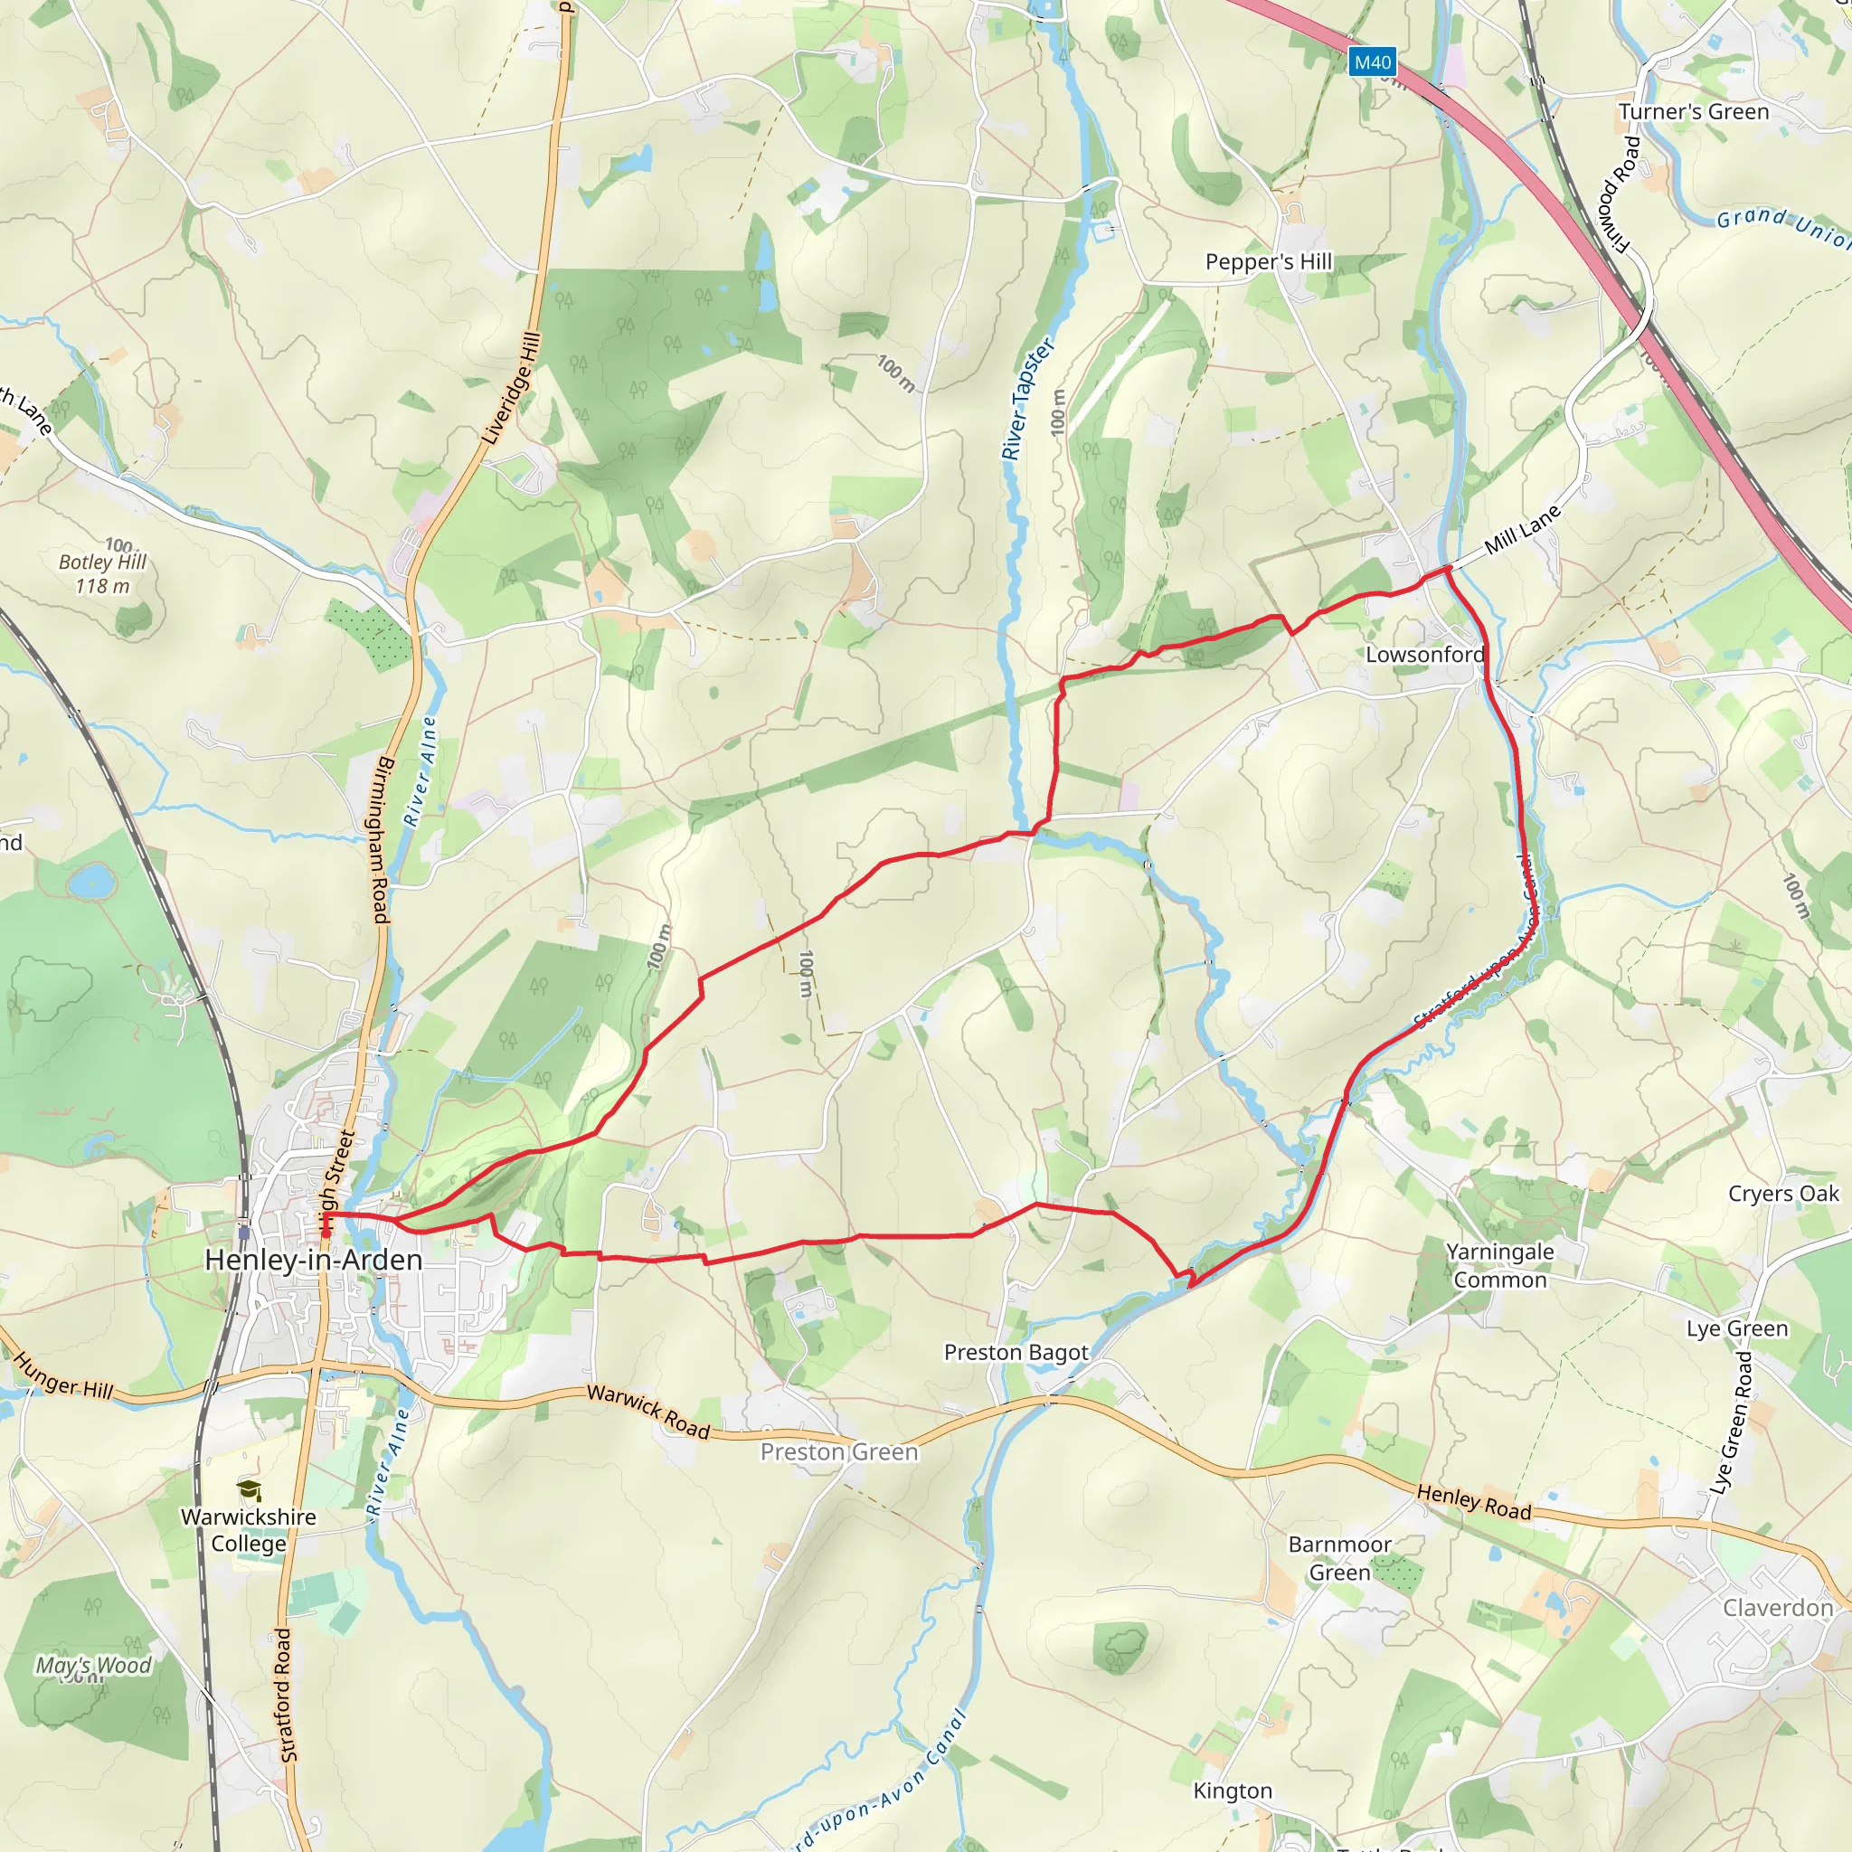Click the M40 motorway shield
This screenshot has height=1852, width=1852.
click(1372, 62)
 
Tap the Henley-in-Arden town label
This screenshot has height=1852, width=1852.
click(314, 1260)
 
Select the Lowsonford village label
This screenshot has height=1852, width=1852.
click(1424, 655)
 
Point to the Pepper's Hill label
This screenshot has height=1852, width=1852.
click(1268, 261)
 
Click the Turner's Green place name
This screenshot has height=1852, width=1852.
click(1694, 112)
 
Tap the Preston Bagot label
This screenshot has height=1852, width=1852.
click(1016, 1353)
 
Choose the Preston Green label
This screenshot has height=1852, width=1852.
click(839, 1452)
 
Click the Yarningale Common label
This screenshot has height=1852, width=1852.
click(1500, 1265)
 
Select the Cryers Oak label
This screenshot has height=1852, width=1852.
click(1783, 1194)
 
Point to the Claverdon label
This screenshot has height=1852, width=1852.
click(1778, 1608)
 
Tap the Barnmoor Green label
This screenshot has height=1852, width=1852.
click(1339, 1558)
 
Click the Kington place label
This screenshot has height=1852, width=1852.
click(1233, 1791)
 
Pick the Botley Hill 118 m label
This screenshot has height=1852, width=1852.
click(102, 573)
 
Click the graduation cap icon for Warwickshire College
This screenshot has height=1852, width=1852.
click(250, 1489)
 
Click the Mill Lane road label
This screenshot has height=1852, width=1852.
click(1522, 529)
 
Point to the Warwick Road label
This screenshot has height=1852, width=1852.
click(648, 1412)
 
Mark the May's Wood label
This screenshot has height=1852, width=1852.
click(93, 1665)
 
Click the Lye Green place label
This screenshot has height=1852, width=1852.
click(1737, 1328)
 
